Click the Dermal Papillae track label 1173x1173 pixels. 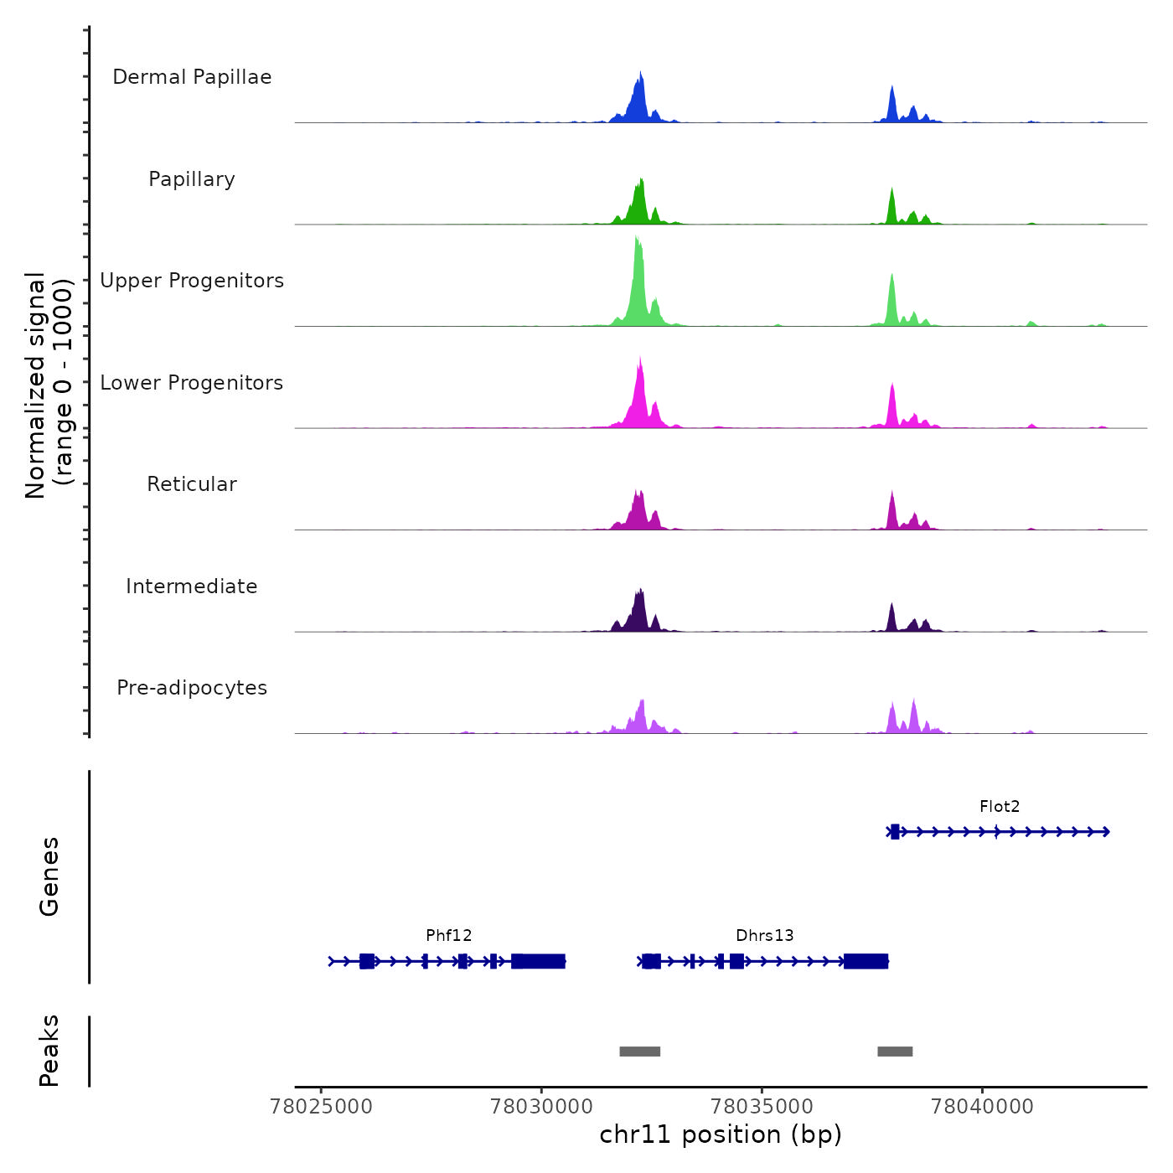pos(192,77)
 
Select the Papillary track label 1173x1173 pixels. pos(192,179)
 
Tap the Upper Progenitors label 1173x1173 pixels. pos(192,281)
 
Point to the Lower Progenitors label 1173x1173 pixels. pos(192,383)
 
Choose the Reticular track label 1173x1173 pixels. pos(192,484)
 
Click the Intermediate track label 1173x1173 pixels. pos(192,586)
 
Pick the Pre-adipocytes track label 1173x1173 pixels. pos(192,688)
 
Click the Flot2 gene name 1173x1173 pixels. pos(1000,807)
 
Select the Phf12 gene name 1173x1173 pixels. pos(449,936)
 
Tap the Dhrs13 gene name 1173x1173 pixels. pos(765,936)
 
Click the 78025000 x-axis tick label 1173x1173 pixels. pos(322,1107)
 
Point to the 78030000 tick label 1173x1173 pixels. pos(542,1107)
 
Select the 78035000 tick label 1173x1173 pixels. pos(762,1107)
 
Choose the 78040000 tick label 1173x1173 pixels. pos(983,1107)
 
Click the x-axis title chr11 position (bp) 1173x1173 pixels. pos(721,1135)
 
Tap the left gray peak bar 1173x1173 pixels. pos(640,1052)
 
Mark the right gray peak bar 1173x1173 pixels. pos(895,1052)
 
